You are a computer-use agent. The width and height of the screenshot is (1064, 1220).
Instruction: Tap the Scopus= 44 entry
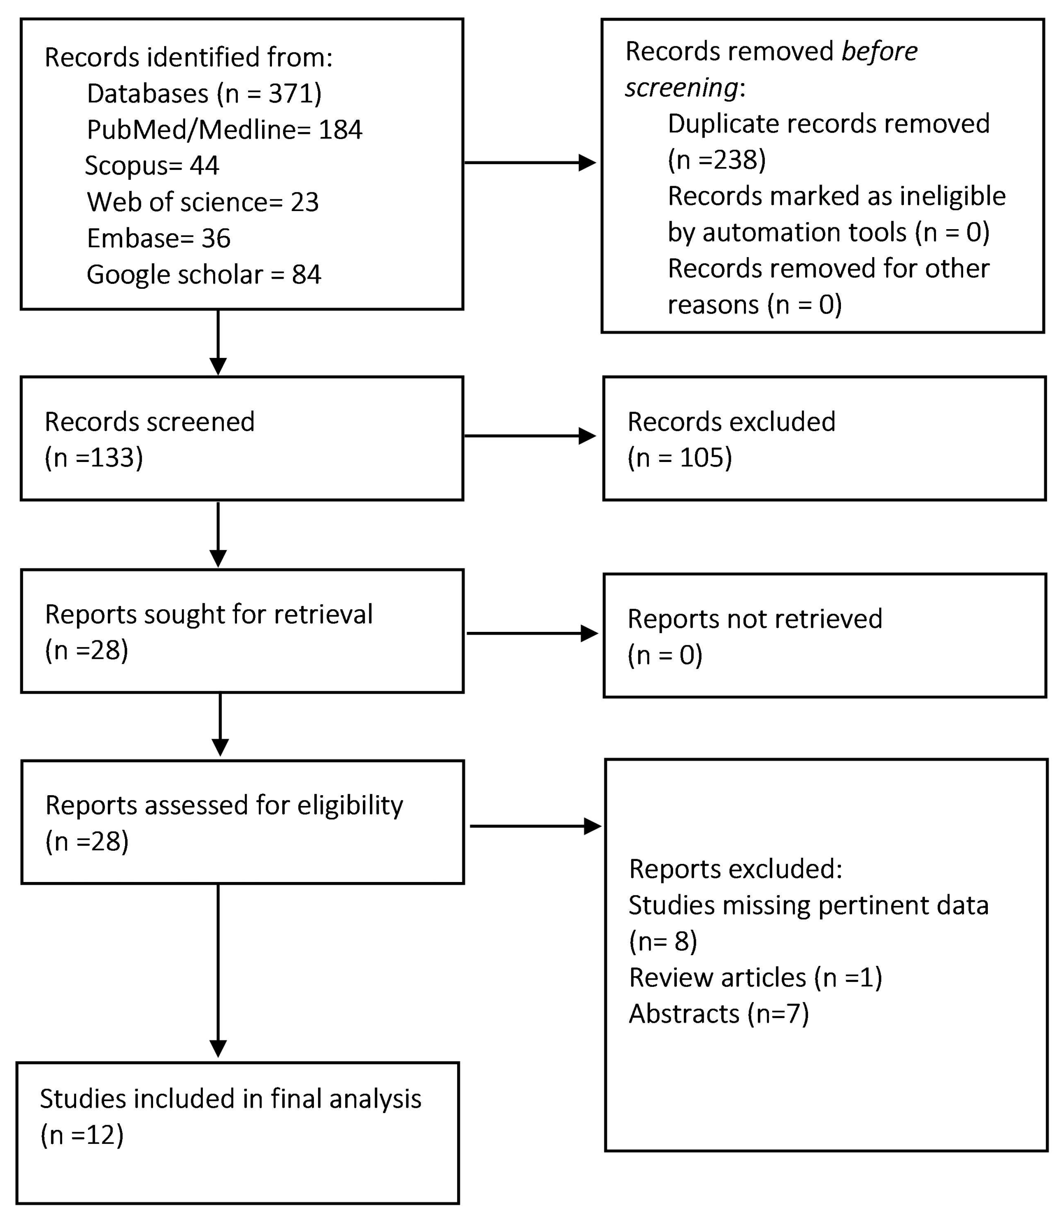[152, 166]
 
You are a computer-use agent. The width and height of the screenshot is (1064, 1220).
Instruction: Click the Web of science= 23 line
[202, 202]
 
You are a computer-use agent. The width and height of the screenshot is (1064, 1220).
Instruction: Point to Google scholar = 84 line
[204, 275]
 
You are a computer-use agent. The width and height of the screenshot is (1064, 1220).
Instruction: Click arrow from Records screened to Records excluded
[530, 436]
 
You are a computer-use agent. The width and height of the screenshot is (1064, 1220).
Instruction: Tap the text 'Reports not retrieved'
[754, 619]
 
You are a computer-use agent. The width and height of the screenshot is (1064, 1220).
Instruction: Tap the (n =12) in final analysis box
[82, 1135]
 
